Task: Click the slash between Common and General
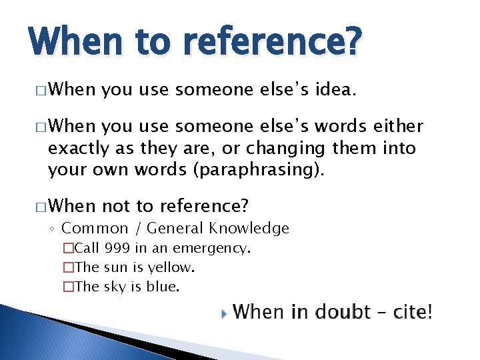(137, 229)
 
